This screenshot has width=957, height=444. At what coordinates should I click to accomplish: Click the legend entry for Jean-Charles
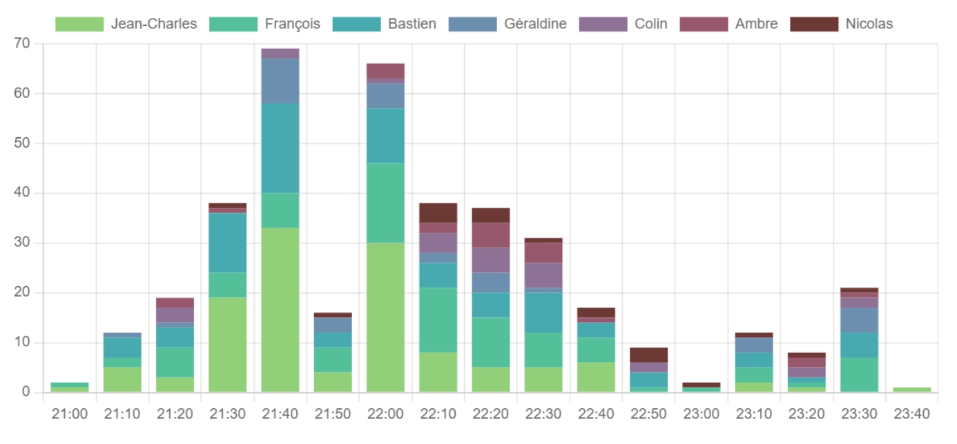[x=126, y=24]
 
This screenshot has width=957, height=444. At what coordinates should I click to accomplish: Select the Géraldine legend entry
[x=507, y=24]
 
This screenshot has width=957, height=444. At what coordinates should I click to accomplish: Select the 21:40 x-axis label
[x=280, y=414]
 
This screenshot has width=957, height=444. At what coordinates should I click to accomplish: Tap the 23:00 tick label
[x=701, y=414]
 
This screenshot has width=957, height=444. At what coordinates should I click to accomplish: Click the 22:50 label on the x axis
[x=648, y=414]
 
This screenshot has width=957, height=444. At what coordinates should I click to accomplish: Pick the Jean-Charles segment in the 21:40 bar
[x=280, y=310]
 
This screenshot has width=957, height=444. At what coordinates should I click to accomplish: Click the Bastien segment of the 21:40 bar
[x=280, y=148]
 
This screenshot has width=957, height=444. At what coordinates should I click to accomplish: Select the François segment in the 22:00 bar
[x=385, y=203]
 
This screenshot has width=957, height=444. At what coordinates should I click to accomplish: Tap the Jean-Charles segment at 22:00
[x=385, y=317]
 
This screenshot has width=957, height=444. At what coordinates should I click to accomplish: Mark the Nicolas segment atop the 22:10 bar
[x=438, y=212]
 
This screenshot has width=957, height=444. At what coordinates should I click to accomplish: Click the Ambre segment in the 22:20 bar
[x=490, y=235]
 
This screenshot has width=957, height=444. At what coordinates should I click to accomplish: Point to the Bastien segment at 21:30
[x=228, y=243]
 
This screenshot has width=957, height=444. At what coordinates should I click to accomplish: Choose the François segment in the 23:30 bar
[x=859, y=374]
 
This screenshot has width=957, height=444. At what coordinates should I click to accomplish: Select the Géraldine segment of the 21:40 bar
[x=280, y=81]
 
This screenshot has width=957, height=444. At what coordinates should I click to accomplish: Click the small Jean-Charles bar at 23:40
[x=911, y=390]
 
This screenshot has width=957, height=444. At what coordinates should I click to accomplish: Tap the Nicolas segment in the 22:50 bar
[x=648, y=355]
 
